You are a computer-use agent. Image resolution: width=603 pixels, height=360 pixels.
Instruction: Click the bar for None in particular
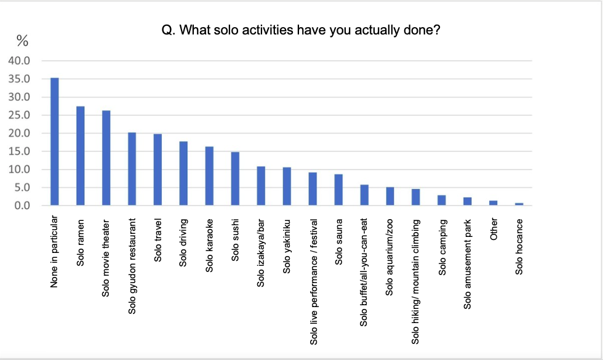[54, 142]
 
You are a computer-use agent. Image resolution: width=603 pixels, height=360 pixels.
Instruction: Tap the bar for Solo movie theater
[106, 158]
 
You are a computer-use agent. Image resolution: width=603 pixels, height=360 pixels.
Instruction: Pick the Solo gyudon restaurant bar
[132, 169]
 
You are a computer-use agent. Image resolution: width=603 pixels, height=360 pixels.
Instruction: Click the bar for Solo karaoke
[209, 176]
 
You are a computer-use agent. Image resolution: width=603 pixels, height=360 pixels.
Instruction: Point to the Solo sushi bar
[235, 178]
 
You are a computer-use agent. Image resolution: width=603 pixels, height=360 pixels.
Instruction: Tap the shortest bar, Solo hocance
[519, 204]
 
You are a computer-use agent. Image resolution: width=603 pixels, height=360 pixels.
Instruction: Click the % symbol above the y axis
[23, 41]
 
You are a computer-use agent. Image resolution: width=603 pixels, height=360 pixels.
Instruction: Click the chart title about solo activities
[301, 30]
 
